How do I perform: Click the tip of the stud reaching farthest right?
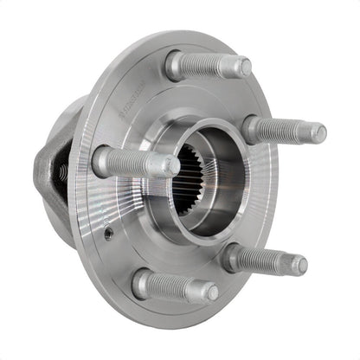tap(318, 133)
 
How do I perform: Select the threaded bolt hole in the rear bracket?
tap(63, 173)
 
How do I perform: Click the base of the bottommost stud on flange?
tap(142, 282)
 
